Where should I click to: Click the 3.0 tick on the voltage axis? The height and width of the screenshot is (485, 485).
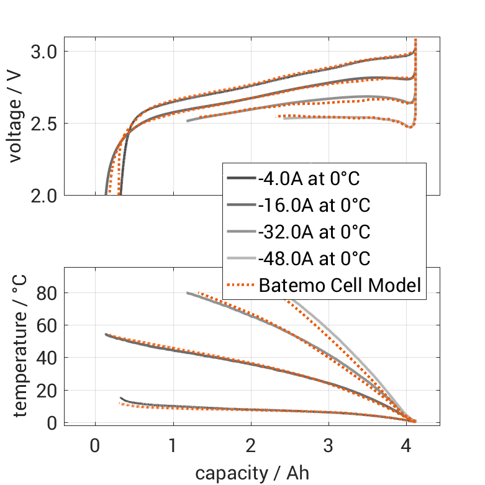pos(43,52)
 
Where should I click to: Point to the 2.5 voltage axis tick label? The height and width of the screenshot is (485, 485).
pos(43,124)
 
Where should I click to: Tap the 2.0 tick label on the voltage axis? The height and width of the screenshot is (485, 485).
pos(43,196)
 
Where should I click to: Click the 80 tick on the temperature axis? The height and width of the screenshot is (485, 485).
pos(48,292)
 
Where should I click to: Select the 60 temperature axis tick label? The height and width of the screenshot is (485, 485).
pos(48,325)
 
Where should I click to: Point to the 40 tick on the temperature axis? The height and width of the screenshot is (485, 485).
pos(48,358)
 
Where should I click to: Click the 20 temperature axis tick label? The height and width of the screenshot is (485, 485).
pos(48,390)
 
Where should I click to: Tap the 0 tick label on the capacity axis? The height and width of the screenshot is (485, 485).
pos(95,446)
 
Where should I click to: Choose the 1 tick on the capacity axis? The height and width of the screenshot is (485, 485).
pos(173,446)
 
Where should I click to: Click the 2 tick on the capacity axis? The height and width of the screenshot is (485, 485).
pos(251,446)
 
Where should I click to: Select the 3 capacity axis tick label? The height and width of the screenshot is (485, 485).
pos(329,446)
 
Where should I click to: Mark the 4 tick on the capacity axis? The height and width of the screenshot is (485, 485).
pos(407,446)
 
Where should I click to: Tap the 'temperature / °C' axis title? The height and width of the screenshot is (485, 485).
pos(19,346)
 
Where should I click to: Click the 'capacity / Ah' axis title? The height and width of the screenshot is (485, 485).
pos(252,473)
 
